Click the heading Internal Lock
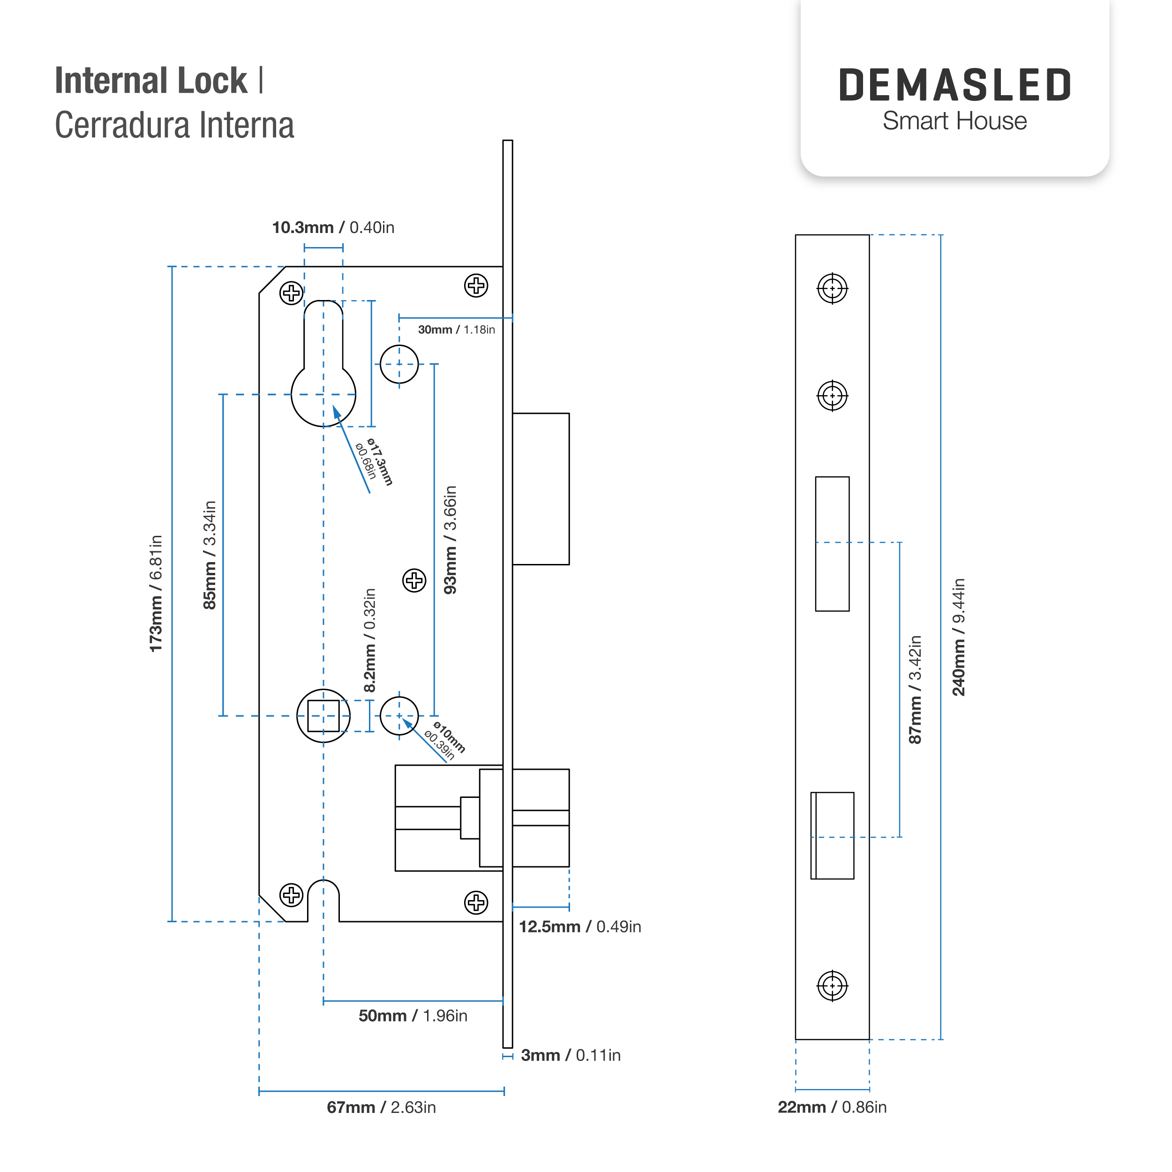coord(151,81)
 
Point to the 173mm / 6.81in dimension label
coord(156,594)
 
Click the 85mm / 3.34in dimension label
coord(209,555)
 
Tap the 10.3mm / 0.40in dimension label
coord(333,227)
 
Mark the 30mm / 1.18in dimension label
coord(456,330)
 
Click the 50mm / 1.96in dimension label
coord(413,1015)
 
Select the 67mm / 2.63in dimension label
coord(381,1107)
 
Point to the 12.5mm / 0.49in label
coord(579,926)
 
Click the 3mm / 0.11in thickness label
coord(570,1055)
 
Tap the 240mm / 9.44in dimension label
coord(959,637)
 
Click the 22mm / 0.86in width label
coord(832,1107)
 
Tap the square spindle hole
coord(323,716)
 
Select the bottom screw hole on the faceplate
coord(832,986)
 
